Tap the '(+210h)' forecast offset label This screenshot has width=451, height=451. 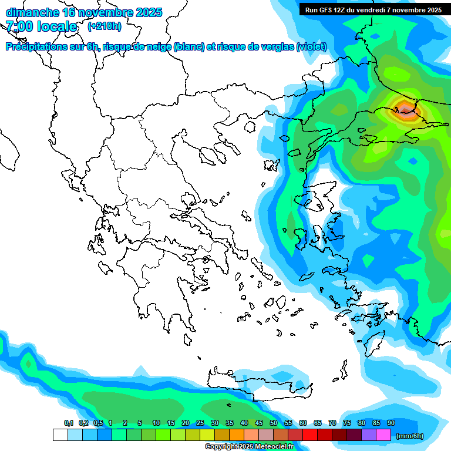[105, 26]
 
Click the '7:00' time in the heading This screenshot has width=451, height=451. [19, 26]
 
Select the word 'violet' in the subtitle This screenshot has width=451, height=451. [311, 47]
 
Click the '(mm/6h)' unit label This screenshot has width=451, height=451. [409, 436]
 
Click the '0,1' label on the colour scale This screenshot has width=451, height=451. [69, 423]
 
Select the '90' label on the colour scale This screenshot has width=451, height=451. [391, 423]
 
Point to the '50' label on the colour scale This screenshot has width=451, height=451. [274, 423]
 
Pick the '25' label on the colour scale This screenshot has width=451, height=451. [200, 423]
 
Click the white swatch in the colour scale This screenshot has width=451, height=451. [60, 435]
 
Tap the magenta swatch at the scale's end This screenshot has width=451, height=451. [383, 435]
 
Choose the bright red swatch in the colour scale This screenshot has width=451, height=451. [310, 435]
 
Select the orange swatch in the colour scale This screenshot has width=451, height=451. [237, 435]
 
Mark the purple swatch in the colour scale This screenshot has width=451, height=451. [369, 435]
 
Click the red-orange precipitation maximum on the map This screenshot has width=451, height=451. [405, 109]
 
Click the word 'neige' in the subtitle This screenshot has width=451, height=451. [157, 47]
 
